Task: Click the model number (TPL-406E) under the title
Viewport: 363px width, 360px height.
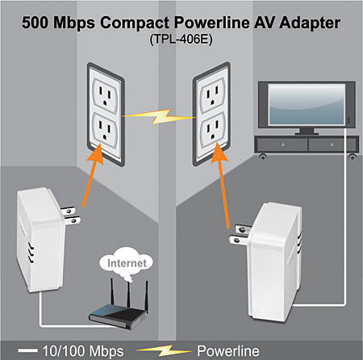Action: point(181,40)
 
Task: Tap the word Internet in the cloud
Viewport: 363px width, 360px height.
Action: point(127,263)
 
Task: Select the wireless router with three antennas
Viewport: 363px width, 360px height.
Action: point(119,304)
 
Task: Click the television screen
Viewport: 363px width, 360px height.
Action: point(307,104)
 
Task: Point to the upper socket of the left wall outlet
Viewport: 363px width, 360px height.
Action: point(105,95)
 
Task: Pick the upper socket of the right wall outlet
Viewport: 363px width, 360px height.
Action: point(212,95)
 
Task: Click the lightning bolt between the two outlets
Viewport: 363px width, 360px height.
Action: point(160,116)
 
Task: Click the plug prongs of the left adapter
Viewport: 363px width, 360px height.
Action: point(70,216)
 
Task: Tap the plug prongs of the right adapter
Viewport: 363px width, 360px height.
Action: point(240,235)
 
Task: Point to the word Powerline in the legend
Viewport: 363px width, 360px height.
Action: point(228,351)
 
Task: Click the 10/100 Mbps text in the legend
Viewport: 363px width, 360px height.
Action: point(83,351)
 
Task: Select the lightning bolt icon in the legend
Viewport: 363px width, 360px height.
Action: point(164,350)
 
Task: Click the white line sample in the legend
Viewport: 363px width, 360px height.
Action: point(27,350)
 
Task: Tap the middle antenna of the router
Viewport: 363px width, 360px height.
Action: point(129,295)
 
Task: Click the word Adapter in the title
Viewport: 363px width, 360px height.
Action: point(310,23)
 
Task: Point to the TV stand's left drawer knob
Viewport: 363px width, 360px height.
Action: point(283,144)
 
